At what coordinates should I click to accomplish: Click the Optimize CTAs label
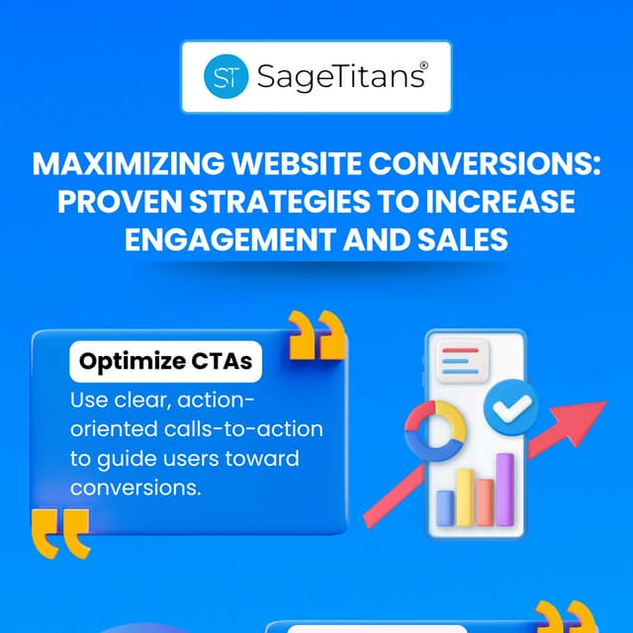coord(165,363)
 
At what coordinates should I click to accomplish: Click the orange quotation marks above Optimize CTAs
coord(316,335)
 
